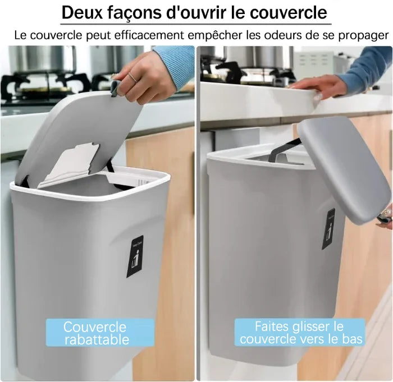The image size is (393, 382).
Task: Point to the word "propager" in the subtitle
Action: click(x=363, y=36)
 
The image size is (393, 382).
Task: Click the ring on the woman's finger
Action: click(x=133, y=77)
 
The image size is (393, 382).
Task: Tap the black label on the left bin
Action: click(x=135, y=256)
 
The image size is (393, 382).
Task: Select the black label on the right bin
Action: click(x=328, y=229)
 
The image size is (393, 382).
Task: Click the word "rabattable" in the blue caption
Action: click(x=97, y=340)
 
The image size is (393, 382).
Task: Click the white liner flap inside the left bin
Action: click(x=68, y=165)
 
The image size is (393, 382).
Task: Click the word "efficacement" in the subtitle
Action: click(x=149, y=35)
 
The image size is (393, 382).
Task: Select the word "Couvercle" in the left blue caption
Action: click(x=94, y=327)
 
